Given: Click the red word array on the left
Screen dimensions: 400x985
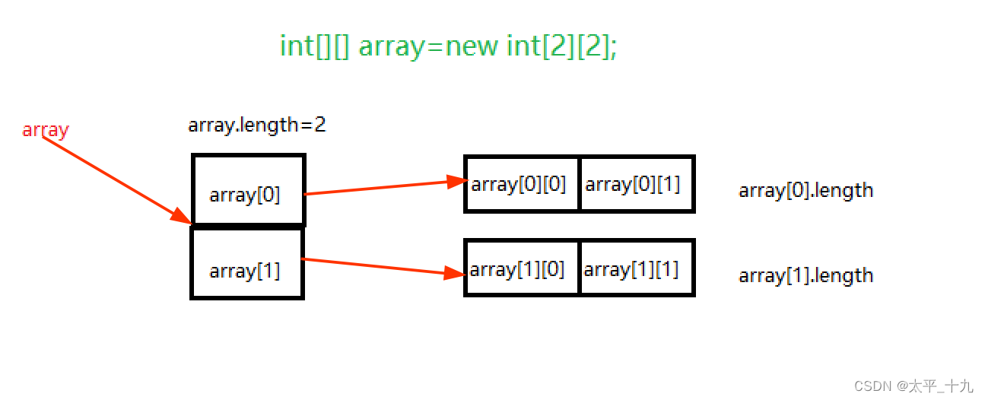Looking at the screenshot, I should (x=46, y=130).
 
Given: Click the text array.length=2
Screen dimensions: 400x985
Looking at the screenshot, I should (x=257, y=125).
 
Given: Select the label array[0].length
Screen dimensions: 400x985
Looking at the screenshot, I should (x=805, y=190).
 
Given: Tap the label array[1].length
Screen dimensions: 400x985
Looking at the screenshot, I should (x=805, y=275).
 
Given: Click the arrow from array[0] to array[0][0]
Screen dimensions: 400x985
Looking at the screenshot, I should (x=380, y=187).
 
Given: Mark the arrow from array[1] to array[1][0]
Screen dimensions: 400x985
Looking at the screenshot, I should (x=373, y=266).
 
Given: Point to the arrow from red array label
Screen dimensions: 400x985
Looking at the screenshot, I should (x=114, y=178).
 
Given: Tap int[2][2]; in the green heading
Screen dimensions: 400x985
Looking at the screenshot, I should (x=562, y=46).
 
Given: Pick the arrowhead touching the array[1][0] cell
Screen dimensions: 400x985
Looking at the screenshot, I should (x=455, y=272).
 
